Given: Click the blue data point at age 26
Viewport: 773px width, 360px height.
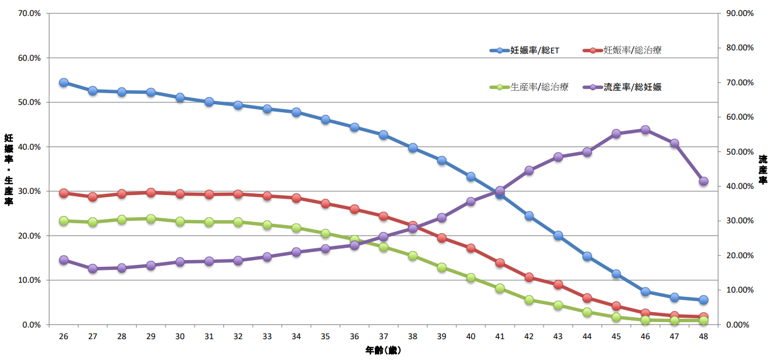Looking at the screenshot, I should (64, 83).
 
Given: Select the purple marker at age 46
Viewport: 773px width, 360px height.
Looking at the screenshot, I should (645, 130).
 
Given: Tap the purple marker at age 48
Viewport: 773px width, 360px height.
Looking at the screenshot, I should (704, 182).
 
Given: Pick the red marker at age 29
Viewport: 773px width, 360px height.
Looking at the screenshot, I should (151, 193).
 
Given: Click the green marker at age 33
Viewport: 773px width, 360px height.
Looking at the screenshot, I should (267, 225).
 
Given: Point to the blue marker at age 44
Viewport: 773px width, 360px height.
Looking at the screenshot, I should (587, 256).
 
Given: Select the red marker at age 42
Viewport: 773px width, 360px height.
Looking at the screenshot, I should (529, 277).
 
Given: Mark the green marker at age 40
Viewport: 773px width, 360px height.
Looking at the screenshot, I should (471, 278).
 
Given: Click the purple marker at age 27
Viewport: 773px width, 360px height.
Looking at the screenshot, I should (93, 269).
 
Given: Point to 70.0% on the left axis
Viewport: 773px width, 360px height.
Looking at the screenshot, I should (28, 13).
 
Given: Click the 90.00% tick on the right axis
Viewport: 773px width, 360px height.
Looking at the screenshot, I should (739, 13).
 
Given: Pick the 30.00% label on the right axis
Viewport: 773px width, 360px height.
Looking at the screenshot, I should (739, 221).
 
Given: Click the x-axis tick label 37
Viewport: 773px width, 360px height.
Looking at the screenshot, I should (383, 337).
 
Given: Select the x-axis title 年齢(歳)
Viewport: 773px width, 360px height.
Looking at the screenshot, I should (383, 351).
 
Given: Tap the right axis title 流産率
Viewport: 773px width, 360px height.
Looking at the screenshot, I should (763, 170).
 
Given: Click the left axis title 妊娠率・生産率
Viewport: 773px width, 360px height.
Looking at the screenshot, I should (9, 170).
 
